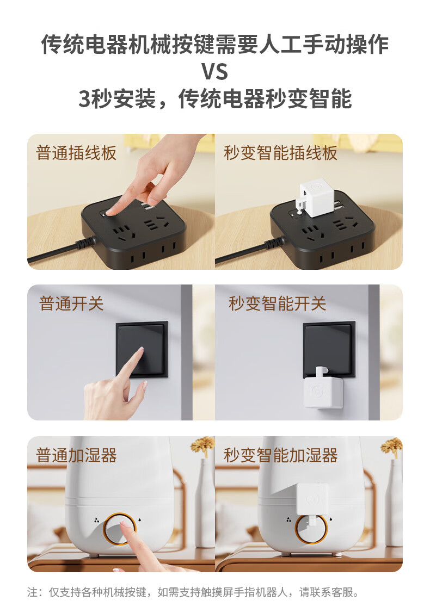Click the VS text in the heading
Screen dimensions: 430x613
214,71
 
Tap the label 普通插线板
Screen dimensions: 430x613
76,152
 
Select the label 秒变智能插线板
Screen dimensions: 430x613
280,152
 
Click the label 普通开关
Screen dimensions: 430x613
71,304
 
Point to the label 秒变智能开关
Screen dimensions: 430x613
277,304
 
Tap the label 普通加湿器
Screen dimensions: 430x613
76,455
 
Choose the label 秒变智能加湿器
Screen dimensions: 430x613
280,455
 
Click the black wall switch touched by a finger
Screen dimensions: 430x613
142,349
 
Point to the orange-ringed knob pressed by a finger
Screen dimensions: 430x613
120,529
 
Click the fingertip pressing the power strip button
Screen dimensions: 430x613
110,212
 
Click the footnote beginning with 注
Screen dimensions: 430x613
193,592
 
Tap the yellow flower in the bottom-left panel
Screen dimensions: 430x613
203,445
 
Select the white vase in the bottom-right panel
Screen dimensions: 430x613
394,503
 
